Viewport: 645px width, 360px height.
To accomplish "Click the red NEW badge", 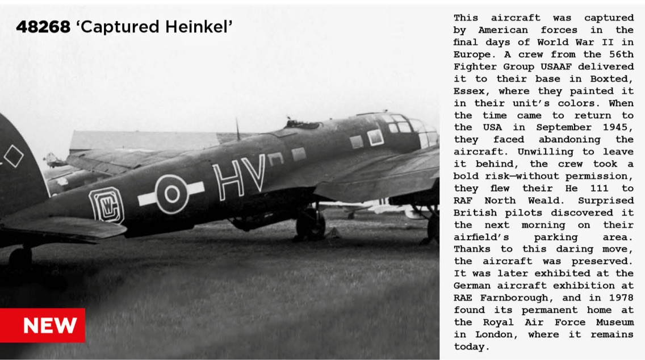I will click(x=43, y=325).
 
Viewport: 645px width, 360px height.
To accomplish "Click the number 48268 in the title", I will click(x=43, y=27).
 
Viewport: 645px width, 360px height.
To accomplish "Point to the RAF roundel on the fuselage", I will click(x=171, y=194).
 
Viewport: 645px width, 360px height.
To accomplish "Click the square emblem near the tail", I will click(x=106, y=205).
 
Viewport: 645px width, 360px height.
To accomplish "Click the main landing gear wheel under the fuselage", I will click(x=311, y=225).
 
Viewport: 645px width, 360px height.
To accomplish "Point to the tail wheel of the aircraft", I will click(x=20, y=259).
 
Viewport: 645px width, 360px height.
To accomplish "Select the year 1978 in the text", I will click(x=621, y=298).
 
